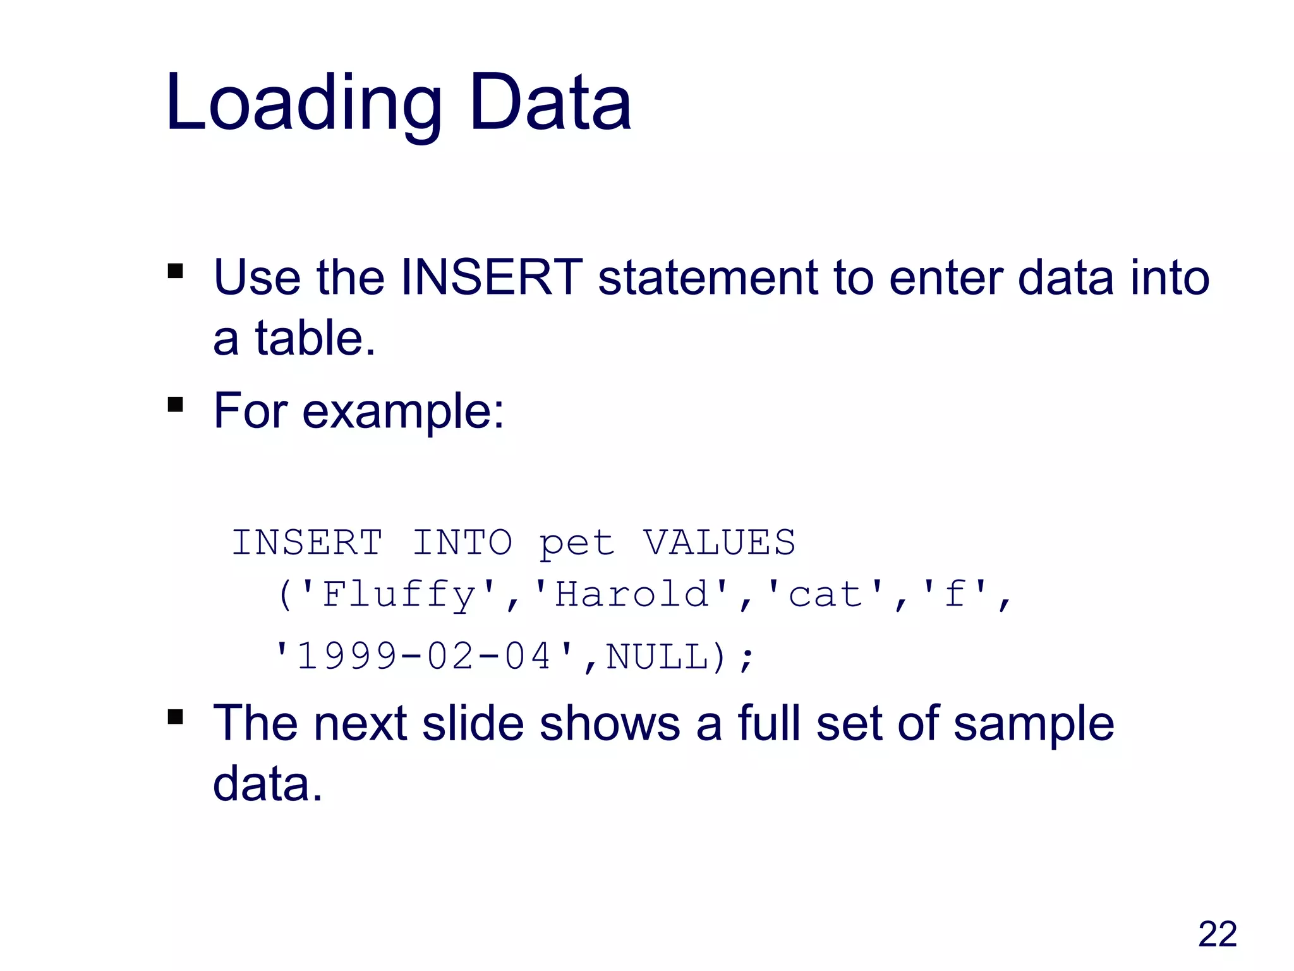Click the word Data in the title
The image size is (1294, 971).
pyautogui.click(x=550, y=102)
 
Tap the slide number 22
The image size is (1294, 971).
pyautogui.click(x=1217, y=934)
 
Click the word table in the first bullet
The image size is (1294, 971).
pyautogui.click(x=310, y=338)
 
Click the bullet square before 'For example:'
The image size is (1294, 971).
pyautogui.click(x=176, y=404)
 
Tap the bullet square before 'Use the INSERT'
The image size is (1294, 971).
pyautogui.click(x=176, y=271)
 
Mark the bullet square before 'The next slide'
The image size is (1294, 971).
pyautogui.click(x=176, y=717)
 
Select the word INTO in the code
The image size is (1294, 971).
pyautogui.click(x=462, y=542)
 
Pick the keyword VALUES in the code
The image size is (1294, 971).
pyautogui.click(x=719, y=542)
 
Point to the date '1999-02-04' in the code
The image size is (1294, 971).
pyautogui.click(x=423, y=656)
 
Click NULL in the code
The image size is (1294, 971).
pyautogui.click(x=657, y=656)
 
